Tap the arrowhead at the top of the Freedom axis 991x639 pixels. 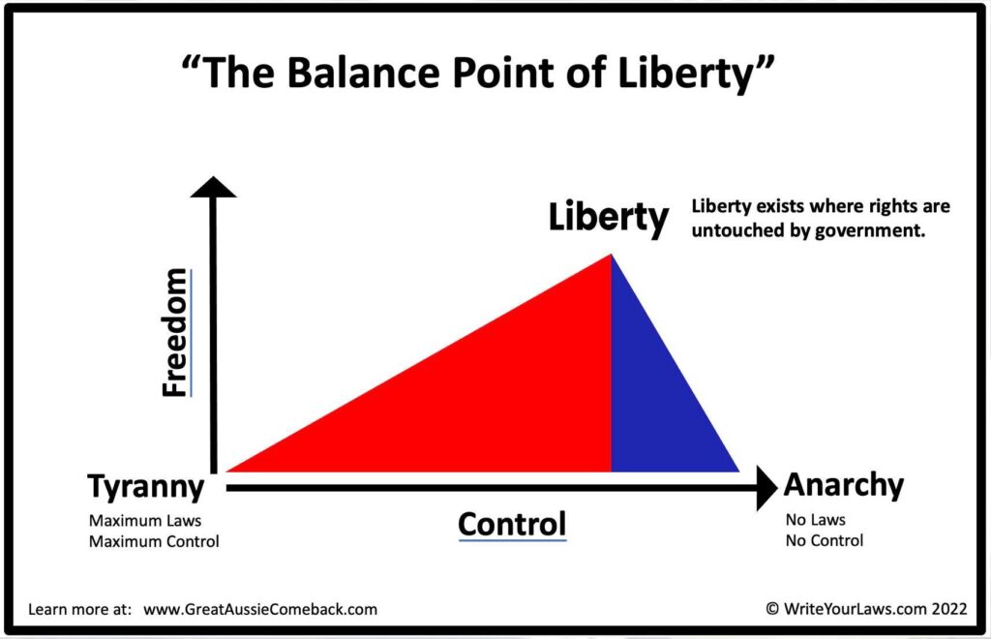pyautogui.click(x=214, y=187)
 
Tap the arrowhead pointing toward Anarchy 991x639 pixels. pyautogui.click(x=766, y=488)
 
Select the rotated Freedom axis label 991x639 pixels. pyautogui.click(x=175, y=332)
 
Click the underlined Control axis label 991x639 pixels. pyautogui.click(x=512, y=524)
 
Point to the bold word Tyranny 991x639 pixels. pyautogui.click(x=146, y=488)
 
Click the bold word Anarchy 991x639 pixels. pyautogui.click(x=844, y=485)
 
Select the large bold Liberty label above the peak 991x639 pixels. pyautogui.click(x=608, y=218)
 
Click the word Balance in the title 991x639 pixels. pyautogui.click(x=363, y=72)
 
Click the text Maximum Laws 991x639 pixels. pyautogui.click(x=145, y=521)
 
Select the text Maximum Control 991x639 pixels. pyautogui.click(x=154, y=541)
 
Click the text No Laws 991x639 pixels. pyautogui.click(x=815, y=520)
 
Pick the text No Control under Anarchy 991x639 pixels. pyautogui.click(x=825, y=540)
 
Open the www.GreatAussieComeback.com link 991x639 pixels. pyautogui.click(x=260, y=609)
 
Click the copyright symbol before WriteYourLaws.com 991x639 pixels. pyautogui.click(x=771, y=609)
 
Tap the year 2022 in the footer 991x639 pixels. pyautogui.click(x=949, y=609)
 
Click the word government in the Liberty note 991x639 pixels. pyautogui.click(x=870, y=230)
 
